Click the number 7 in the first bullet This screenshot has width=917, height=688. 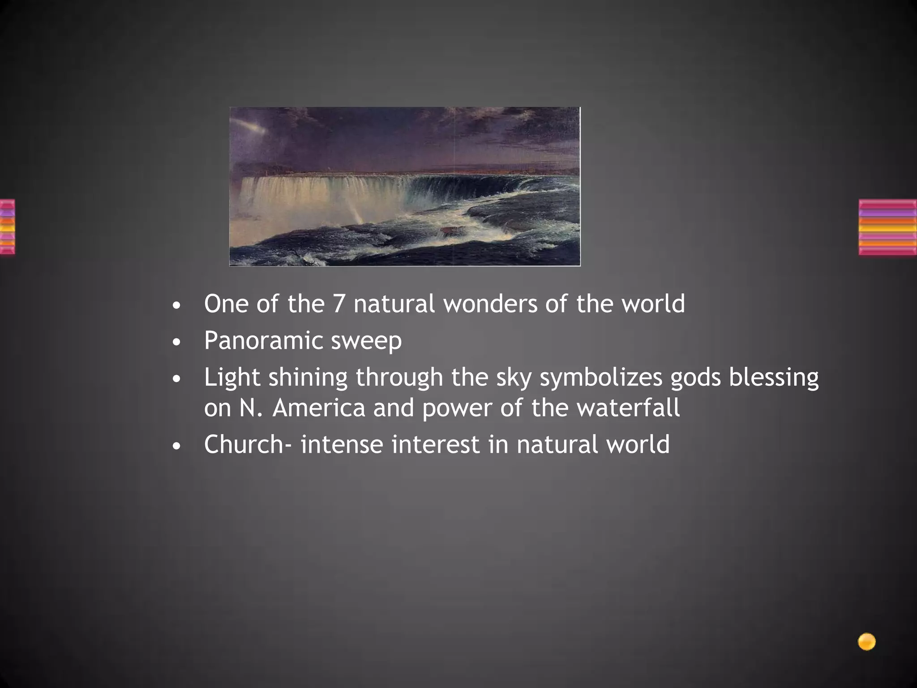[338, 304]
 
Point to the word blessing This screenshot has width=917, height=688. [774, 378]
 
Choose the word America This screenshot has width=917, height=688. [319, 408]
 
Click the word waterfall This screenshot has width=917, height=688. [628, 408]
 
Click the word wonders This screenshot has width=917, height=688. [490, 304]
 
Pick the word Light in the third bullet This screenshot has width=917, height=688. [232, 378]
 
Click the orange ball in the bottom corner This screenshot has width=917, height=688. [866, 642]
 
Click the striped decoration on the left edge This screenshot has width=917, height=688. [7, 227]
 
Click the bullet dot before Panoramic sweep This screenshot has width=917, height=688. [177, 343]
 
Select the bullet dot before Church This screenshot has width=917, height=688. [177, 447]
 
